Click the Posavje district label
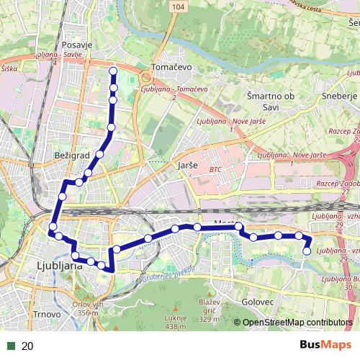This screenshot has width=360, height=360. tap(77, 45)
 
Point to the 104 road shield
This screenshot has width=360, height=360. tap(178, 6)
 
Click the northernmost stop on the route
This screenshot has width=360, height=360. tap(113, 71)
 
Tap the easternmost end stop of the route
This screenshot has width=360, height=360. tap(307, 251)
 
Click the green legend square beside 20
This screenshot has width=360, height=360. tap(10, 346)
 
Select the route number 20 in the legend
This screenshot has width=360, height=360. tap(28, 346)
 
